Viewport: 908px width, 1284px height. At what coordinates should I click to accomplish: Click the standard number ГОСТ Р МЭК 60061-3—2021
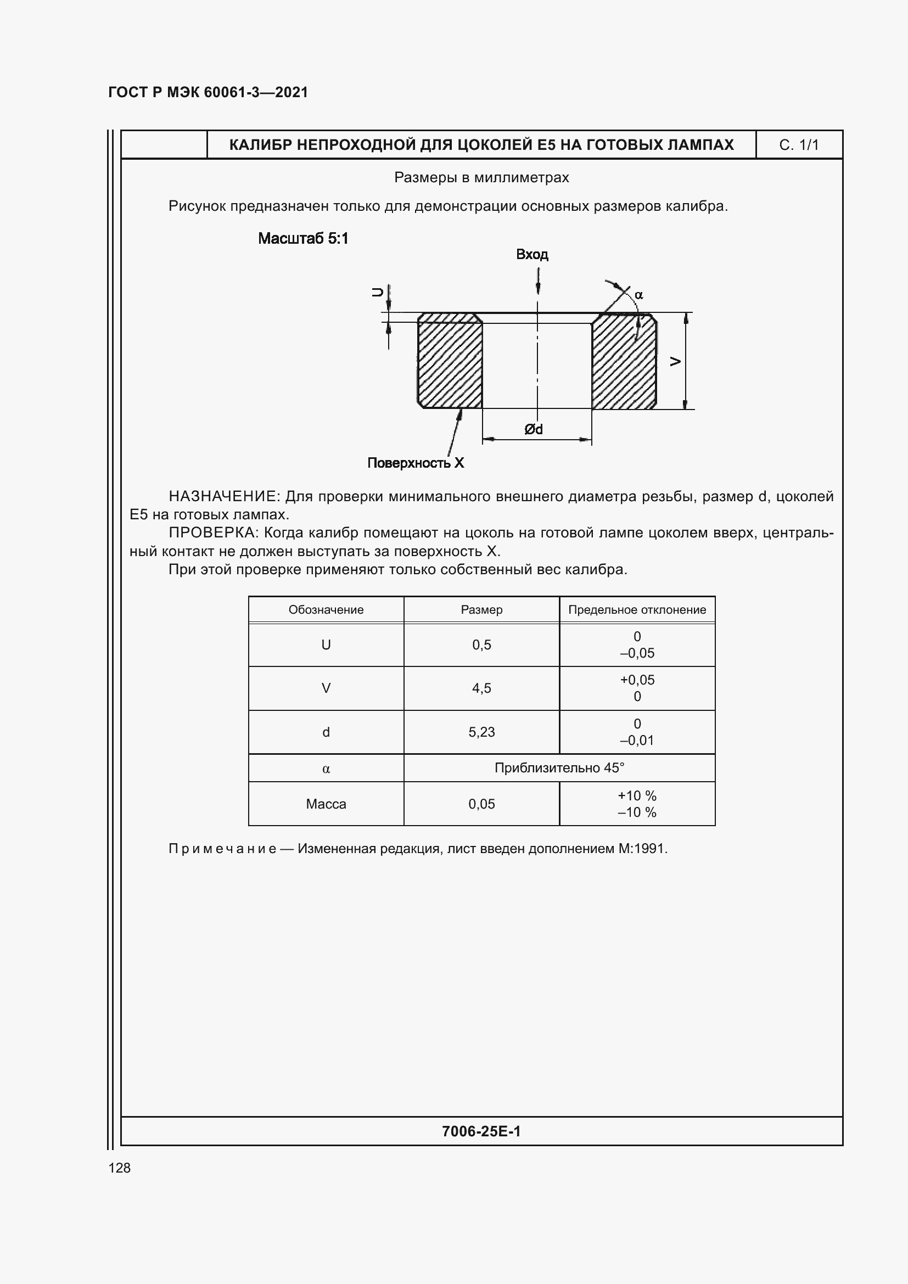pos(208,92)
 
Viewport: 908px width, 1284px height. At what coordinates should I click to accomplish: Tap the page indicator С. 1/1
pos(798,145)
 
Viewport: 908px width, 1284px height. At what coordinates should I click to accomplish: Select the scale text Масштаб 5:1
pos(303,239)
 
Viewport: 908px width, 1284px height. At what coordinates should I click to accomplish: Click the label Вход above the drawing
pos(532,255)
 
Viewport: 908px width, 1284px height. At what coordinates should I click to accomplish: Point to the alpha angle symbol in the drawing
pos(638,295)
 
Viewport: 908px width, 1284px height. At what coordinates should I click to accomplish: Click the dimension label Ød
pos(534,429)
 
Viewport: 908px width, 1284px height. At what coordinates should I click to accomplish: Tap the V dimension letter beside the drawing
pos(675,361)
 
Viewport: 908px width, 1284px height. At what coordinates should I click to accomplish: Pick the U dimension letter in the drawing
pos(378,292)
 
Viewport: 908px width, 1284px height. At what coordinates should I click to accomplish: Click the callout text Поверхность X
pos(416,463)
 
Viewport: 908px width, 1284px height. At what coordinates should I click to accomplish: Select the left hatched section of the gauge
pos(450,361)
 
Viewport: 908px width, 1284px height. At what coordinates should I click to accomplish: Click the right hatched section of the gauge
pos(624,361)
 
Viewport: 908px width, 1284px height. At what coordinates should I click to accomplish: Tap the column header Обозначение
pos(326,609)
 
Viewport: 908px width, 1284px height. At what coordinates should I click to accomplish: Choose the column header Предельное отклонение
pos(637,609)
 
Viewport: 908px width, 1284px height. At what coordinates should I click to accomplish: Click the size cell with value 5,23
pos(481,732)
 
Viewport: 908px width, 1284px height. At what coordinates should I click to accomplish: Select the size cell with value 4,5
pos(481,688)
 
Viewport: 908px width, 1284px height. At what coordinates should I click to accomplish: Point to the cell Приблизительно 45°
pos(559,768)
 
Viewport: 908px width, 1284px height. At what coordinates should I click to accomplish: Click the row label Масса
pos(326,804)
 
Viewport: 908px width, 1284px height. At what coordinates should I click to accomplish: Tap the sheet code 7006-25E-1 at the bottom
pos(481,1131)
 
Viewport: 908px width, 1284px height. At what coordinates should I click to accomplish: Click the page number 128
pos(120,1168)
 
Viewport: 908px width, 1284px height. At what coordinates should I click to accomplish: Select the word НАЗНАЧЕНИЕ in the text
pos(223,497)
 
